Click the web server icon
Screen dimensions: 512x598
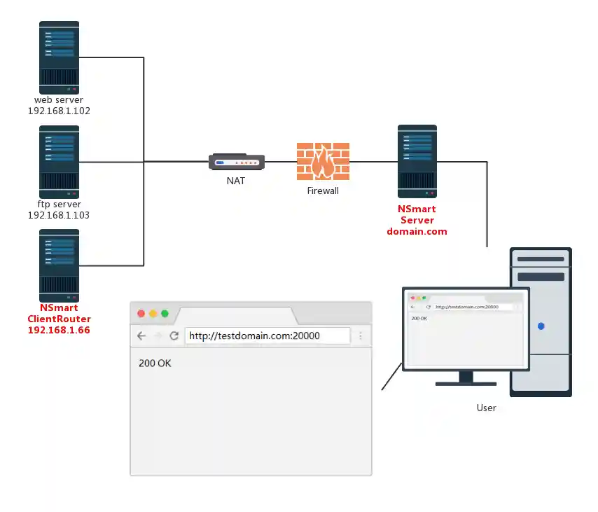coord(59,57)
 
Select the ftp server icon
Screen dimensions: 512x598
coord(59,162)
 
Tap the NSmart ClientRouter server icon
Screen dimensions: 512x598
coord(59,265)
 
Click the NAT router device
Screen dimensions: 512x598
coord(237,162)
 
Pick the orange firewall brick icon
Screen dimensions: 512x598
coord(323,162)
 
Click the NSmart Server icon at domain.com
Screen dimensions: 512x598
coord(417,162)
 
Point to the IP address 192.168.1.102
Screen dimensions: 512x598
coord(59,111)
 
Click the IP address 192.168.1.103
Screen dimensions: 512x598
coord(59,215)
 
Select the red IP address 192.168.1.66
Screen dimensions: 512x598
coord(59,330)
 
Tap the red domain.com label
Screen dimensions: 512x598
coord(417,231)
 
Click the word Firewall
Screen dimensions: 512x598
coord(323,191)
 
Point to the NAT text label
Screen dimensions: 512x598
coord(236,181)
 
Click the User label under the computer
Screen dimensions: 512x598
coord(486,408)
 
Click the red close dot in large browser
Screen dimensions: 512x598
coord(141,313)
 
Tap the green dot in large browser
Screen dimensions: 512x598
coord(165,313)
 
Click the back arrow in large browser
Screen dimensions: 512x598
coord(141,336)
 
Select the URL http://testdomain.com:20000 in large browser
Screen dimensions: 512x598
coord(255,336)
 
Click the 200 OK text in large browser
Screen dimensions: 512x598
coord(155,364)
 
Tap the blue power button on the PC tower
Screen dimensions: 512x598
coord(541,326)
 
